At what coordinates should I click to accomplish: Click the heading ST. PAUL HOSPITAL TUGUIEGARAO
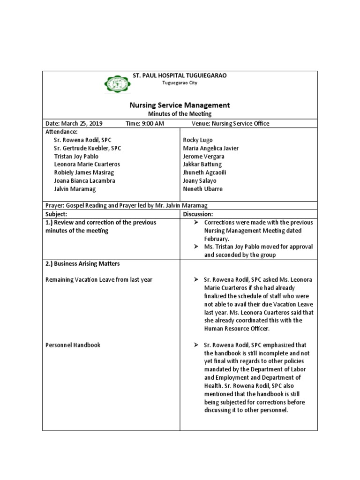pos(180,75)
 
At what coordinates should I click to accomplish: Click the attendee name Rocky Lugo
pos(197,140)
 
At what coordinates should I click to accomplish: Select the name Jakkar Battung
pos(202,165)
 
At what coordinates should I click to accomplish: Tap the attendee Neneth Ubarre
pos(202,189)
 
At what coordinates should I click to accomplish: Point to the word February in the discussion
pos(217,239)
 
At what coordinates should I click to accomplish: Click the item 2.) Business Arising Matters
pos(83,263)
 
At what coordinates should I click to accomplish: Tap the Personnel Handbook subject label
pos(73,345)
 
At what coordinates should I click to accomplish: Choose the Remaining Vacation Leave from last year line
pos(98,280)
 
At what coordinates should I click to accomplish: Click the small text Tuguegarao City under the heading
pos(180,82)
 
